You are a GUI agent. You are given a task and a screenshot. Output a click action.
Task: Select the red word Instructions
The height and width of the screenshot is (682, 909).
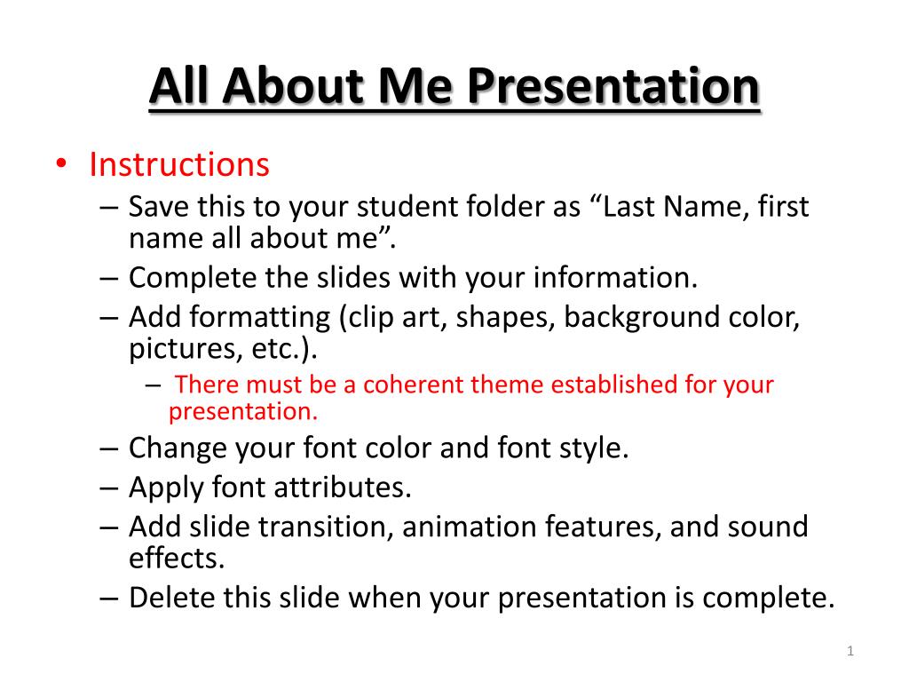pyautogui.click(x=178, y=164)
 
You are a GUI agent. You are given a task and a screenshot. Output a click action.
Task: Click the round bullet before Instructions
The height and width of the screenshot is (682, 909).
pyautogui.click(x=60, y=165)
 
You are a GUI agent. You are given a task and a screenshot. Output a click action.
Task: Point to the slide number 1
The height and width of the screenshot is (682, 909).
pyautogui.click(x=850, y=653)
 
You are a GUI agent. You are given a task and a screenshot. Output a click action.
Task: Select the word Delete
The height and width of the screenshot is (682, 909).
pyautogui.click(x=173, y=597)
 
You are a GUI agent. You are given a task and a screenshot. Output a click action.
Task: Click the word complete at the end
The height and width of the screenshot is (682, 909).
pyautogui.click(x=768, y=598)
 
